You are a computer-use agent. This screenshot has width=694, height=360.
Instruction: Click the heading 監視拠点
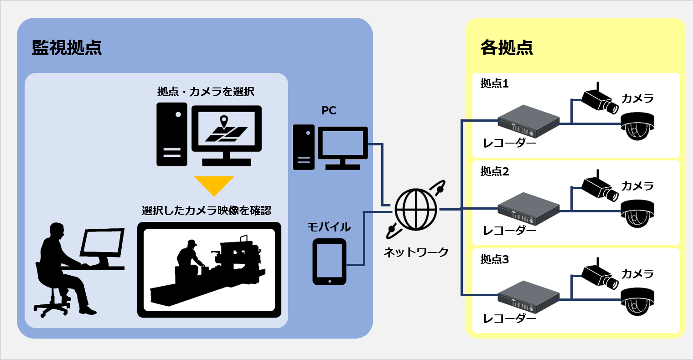67,48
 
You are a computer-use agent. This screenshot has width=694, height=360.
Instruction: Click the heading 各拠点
507,48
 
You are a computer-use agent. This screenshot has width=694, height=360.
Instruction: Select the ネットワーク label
416,252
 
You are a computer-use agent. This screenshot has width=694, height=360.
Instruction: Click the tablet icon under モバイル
329,262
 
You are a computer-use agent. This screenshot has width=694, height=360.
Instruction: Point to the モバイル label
329,227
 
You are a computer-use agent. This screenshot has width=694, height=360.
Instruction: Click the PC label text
329,110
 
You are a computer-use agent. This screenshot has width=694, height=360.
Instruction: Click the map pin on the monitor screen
223,122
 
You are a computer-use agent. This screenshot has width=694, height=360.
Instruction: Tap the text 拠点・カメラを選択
206,92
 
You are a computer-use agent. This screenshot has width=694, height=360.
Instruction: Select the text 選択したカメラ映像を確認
207,211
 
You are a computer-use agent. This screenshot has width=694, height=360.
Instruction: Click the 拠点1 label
494,84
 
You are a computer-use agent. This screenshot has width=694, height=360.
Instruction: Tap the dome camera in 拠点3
637,301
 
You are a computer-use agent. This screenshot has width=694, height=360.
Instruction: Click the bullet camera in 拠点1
599,99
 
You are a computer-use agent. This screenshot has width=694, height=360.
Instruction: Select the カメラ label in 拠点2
637,186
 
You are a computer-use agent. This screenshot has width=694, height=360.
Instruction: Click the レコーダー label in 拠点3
509,319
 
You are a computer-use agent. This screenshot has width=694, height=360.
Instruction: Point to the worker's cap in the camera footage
192,243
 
